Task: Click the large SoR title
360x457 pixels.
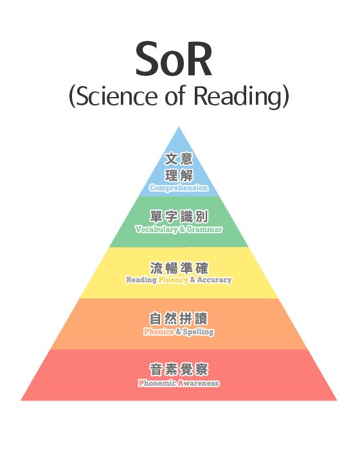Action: (x=174, y=59)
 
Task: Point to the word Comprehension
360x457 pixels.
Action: (x=179, y=188)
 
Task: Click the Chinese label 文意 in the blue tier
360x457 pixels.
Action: (x=179, y=159)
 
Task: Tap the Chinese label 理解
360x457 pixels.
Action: (x=179, y=175)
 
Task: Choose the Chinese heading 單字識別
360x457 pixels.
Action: (x=179, y=217)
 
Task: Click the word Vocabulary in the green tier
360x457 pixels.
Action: (x=156, y=229)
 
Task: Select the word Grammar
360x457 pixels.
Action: (x=204, y=229)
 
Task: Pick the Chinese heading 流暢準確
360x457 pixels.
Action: (x=179, y=268)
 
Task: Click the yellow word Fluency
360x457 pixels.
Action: (x=173, y=280)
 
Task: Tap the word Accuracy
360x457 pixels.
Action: (x=214, y=280)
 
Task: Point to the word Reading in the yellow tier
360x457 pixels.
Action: (x=141, y=280)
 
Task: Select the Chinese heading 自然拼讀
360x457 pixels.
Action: (x=179, y=319)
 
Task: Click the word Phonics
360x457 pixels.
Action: (x=159, y=332)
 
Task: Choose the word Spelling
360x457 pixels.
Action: (x=199, y=332)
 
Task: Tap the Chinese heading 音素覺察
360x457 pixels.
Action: (x=179, y=370)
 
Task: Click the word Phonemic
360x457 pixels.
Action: (x=157, y=383)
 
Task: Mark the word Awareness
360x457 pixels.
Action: (x=199, y=383)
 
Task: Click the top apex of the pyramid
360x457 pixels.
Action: (x=179, y=127)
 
